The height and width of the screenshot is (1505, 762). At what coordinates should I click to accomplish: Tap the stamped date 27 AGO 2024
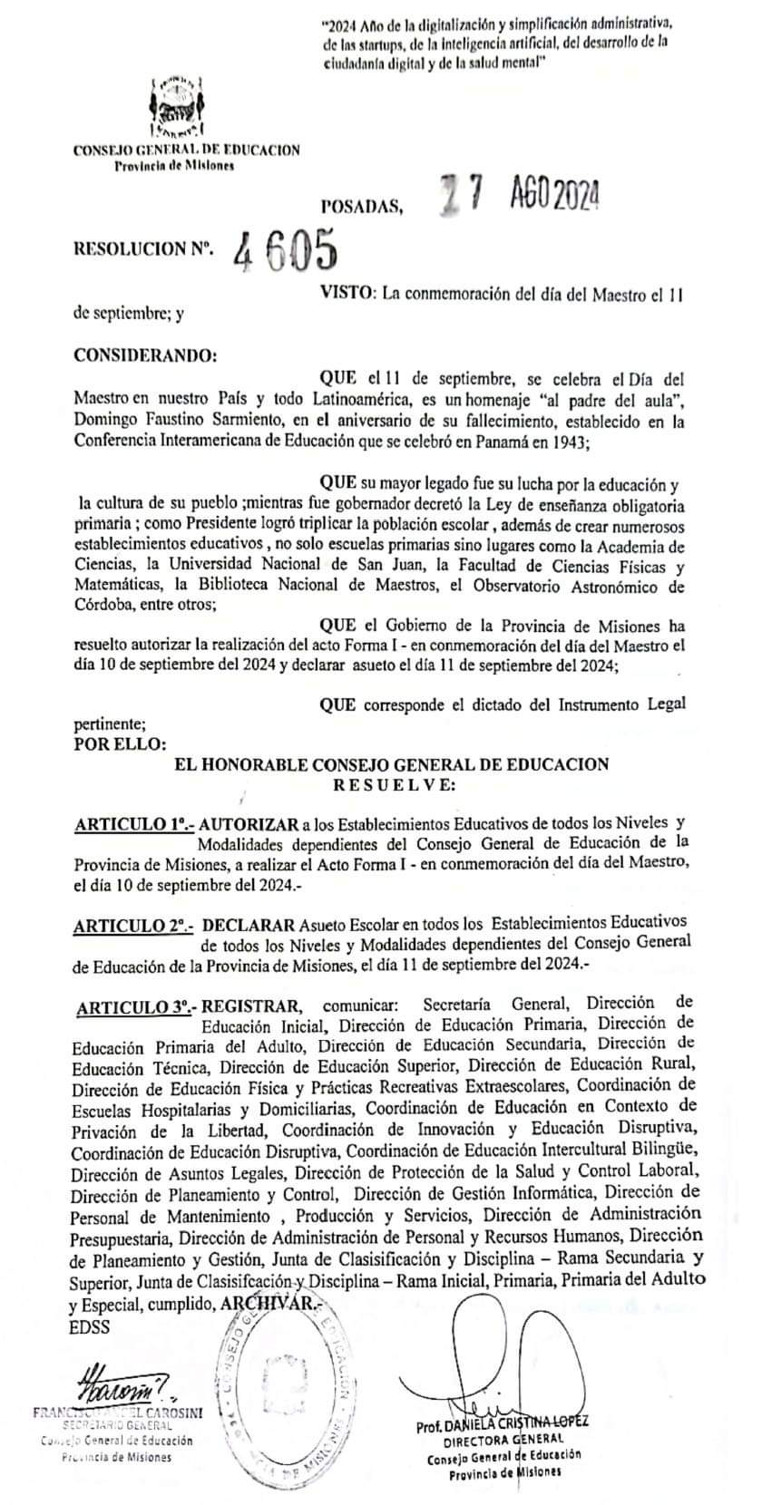pos(518,193)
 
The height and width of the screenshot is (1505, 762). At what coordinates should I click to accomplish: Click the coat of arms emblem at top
pos(178,107)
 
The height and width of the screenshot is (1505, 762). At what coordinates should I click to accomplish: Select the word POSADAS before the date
pos(361,208)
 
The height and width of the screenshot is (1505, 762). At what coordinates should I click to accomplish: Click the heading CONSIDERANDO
pos(145,354)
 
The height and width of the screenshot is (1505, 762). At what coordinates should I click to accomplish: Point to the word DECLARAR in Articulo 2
pos(249,925)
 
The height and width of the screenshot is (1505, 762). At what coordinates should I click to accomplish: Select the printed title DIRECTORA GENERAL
pos(503,1439)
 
